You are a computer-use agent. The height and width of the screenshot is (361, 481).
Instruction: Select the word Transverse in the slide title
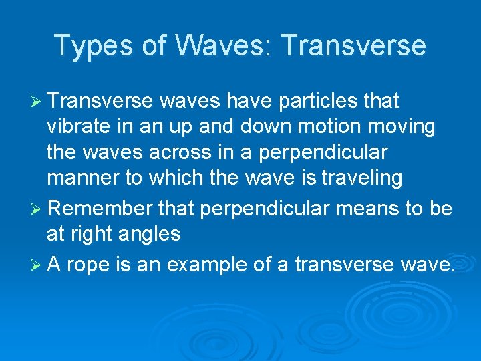[x=353, y=45]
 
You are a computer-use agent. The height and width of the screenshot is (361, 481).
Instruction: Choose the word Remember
[x=100, y=208]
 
